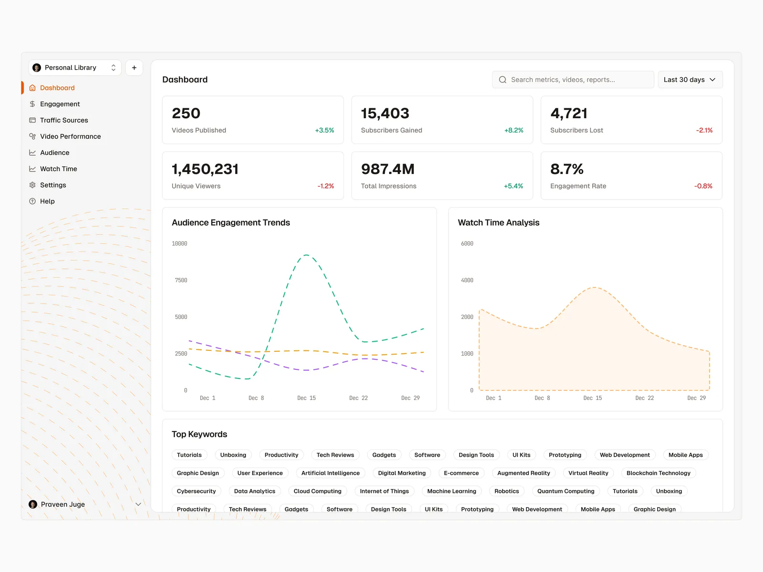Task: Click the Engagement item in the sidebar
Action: pos(60,104)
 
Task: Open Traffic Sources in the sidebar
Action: pos(64,120)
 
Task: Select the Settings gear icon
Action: pos(32,185)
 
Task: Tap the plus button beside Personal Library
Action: pos(134,68)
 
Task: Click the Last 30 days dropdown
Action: pos(690,80)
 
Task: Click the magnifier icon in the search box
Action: pos(503,80)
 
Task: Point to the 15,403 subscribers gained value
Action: pos(385,113)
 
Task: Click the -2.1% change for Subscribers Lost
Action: pos(704,130)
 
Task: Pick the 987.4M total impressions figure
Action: pos(388,169)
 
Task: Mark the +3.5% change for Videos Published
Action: pos(324,130)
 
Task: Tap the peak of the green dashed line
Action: pos(306,255)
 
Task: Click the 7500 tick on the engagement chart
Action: pos(181,280)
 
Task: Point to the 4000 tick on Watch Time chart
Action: pos(467,280)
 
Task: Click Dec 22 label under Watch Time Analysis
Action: pos(644,398)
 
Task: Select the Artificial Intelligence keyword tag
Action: pos(330,473)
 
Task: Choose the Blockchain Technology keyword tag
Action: pos(658,473)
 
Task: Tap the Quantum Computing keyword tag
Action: pos(566,491)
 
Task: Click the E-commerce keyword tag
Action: pos(461,473)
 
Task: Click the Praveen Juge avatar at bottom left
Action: pos(33,504)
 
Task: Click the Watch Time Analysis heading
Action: pos(498,223)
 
